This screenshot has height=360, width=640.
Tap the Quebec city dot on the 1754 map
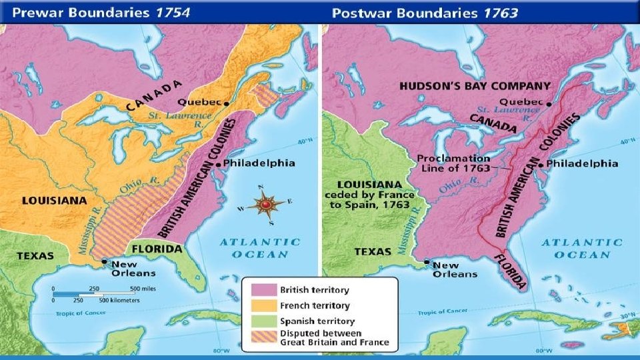pos(227,103)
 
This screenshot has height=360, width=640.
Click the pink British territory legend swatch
pos(263,291)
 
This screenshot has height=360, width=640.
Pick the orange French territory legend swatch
pos(263,306)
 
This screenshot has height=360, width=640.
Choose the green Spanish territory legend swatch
pos(263,321)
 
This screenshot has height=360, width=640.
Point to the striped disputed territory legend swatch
pos(263,338)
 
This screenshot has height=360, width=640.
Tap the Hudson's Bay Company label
pos(475,86)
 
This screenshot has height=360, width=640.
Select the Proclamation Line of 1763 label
pos(454,163)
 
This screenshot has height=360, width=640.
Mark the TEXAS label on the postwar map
pos(373,251)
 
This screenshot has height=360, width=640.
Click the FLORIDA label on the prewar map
pos(156,249)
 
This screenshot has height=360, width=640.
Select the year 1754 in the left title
pos(165,11)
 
